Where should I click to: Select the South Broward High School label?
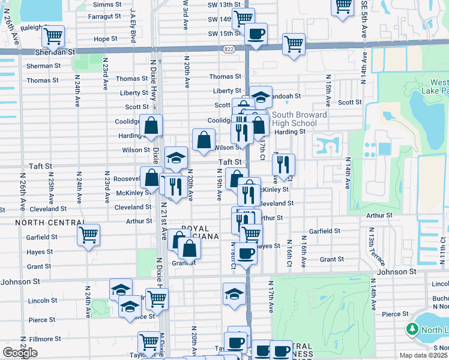click(299, 119)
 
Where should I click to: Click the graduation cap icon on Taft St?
click(176, 158)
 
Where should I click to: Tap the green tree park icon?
click(412, 329)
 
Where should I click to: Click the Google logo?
click(20, 352)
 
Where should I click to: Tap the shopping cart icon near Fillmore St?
click(148, 342)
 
